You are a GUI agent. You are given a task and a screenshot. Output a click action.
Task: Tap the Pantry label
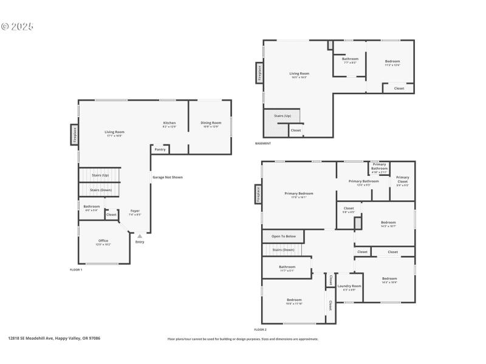click(160, 149)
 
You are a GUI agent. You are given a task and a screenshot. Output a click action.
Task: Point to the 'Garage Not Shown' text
click(167, 177)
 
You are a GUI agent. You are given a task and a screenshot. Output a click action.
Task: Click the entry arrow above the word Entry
click(140, 236)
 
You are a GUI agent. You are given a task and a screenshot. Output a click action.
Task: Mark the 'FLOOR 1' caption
click(76, 269)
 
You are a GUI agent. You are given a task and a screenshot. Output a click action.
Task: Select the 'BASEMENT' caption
click(263, 143)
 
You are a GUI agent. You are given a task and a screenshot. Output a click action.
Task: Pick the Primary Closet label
click(402, 179)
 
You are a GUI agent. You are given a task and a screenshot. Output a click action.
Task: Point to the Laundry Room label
click(349, 287)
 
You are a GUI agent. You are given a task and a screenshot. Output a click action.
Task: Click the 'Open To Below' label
click(284, 236)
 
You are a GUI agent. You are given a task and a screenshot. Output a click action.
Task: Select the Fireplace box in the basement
click(259, 73)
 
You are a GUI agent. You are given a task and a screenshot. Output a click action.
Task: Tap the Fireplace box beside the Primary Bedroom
click(258, 195)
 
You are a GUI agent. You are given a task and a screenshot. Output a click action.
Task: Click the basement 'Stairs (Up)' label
click(282, 115)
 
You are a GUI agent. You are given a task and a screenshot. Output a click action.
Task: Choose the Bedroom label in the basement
click(392, 62)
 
